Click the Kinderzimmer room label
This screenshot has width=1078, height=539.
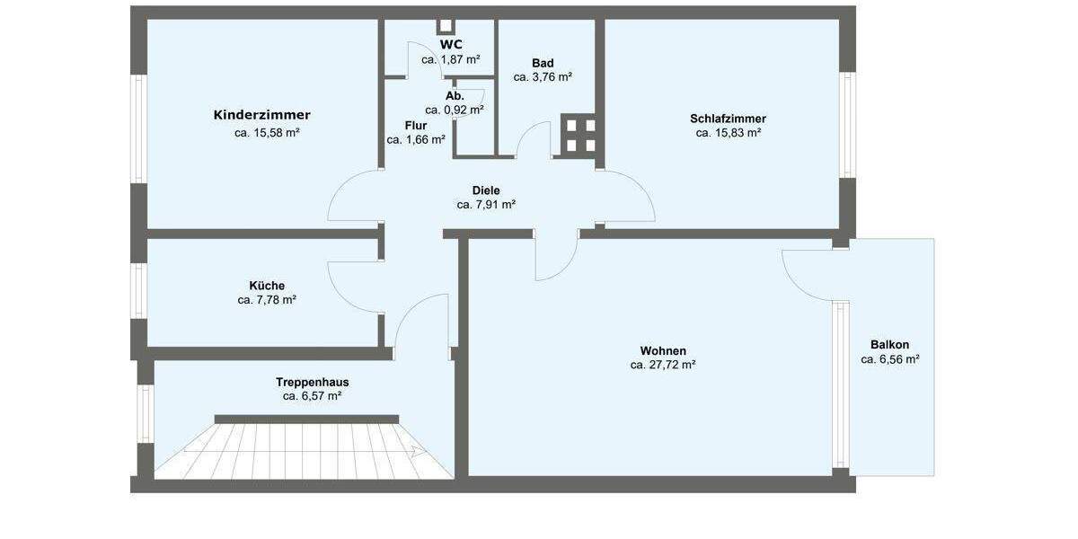click(x=261, y=115)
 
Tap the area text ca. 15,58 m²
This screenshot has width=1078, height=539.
click(x=267, y=133)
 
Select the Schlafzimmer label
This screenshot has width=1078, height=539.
click(x=728, y=119)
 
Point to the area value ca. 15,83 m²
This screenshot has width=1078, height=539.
click(x=729, y=133)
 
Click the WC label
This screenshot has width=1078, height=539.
click(x=451, y=44)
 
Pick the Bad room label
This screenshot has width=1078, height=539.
click(x=543, y=63)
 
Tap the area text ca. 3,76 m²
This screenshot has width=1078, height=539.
click(x=543, y=77)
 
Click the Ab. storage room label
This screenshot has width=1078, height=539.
click(x=455, y=95)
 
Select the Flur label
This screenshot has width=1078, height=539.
click(x=416, y=126)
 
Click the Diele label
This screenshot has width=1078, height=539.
click(x=486, y=190)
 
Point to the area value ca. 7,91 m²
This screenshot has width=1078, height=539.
click(x=486, y=205)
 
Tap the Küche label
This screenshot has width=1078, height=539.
click(x=267, y=286)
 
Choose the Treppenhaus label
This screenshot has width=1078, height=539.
click(x=312, y=382)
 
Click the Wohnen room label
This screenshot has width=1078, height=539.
click(x=663, y=350)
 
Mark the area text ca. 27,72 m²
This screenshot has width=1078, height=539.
click(x=663, y=365)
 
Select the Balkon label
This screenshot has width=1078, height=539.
click(x=889, y=345)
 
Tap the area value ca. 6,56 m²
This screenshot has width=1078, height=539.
click(x=889, y=359)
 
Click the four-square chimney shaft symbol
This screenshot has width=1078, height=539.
click(x=579, y=135)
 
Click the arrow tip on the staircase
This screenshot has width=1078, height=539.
click(x=421, y=453)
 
